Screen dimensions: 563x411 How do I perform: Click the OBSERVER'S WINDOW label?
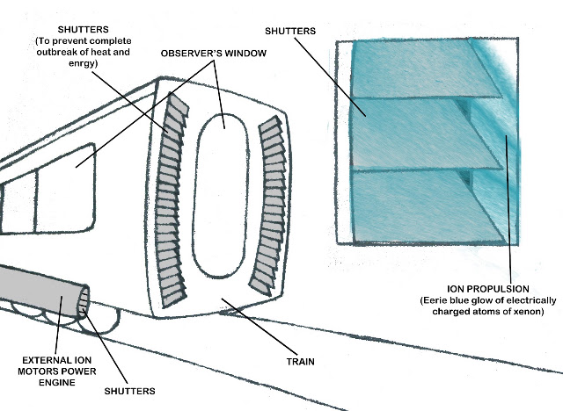[x=213, y=54]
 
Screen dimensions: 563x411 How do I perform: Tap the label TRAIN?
[x=301, y=362]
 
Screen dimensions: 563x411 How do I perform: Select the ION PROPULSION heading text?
[x=488, y=289]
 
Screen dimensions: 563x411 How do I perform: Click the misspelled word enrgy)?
[x=83, y=63]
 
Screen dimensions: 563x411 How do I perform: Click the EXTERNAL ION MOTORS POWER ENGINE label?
[x=56, y=371]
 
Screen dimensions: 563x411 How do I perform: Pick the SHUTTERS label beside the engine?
[x=129, y=391]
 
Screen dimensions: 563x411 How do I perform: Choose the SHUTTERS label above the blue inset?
[x=290, y=31]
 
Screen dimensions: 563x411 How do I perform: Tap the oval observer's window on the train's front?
[x=221, y=196]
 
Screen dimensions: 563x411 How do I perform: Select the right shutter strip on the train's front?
[x=270, y=206]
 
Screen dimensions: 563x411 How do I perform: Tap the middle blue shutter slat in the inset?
[x=424, y=133]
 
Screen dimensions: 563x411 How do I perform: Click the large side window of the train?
[x=65, y=188]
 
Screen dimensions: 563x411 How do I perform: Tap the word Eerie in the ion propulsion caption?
[x=434, y=300]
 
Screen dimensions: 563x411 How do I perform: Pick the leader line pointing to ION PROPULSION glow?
[x=508, y=210]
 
